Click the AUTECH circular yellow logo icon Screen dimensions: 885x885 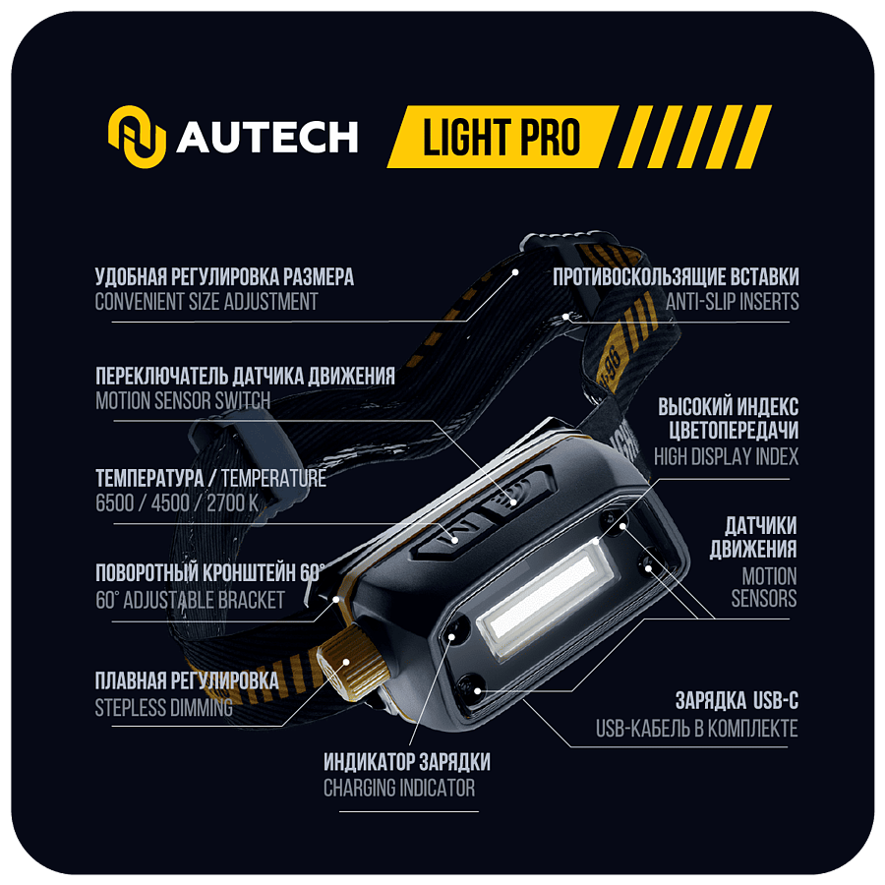click(137, 137)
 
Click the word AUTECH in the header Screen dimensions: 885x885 click(267, 137)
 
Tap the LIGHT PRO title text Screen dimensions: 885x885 click(501, 137)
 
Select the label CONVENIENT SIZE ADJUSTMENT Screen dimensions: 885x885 click(206, 302)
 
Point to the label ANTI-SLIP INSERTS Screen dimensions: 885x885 click(732, 302)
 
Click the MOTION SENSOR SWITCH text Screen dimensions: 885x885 click(183, 401)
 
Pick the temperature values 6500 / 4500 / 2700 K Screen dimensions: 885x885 click(177, 502)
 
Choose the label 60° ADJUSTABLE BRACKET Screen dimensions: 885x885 click(190, 600)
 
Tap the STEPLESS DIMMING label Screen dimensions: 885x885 click(163, 707)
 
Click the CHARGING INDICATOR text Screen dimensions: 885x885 click(399, 788)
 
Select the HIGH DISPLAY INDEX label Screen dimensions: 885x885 click(727, 456)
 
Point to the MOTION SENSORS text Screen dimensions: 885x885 click(764, 587)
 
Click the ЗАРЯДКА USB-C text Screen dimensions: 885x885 click(737, 701)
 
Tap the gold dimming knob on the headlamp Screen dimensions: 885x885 click(350, 663)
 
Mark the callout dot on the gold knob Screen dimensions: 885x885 click(346, 663)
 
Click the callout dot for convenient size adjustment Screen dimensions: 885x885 click(515, 272)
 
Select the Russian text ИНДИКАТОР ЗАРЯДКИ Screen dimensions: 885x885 click(407, 762)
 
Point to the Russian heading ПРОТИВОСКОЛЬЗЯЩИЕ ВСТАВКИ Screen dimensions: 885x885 click(677, 276)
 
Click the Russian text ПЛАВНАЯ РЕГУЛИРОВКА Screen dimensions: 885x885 click(187, 680)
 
